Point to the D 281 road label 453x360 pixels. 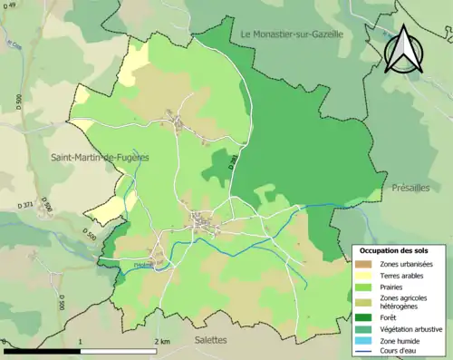(234, 161)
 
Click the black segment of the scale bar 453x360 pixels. (43, 350)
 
